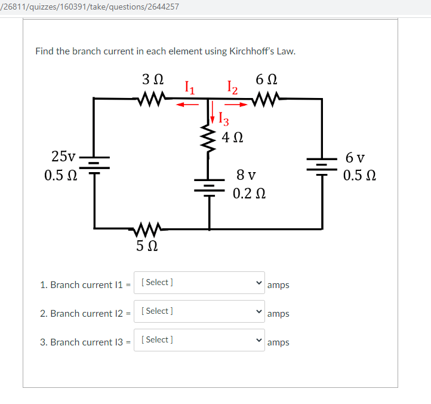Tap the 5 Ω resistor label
coord(147,245)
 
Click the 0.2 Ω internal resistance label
coord(249,194)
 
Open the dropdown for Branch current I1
coord(199,283)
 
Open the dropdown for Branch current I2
coord(199,311)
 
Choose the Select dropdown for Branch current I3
coord(199,340)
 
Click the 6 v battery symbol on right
coord(322,163)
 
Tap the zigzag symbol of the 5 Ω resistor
coord(147,228)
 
